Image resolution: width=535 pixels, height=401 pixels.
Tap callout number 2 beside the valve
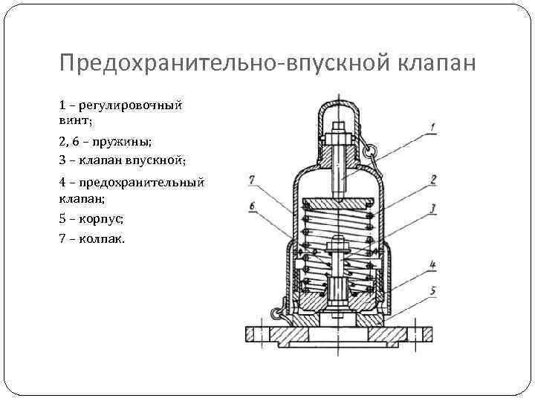(432, 179)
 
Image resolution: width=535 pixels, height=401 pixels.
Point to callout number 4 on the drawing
(432, 264)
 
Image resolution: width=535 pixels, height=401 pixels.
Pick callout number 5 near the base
(432, 290)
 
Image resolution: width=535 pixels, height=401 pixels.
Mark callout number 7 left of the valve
(253, 179)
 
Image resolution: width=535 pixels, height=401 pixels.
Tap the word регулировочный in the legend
(138, 105)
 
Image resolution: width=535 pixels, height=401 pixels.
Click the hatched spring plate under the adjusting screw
(338, 201)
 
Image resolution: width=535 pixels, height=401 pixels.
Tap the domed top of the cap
(338, 104)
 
